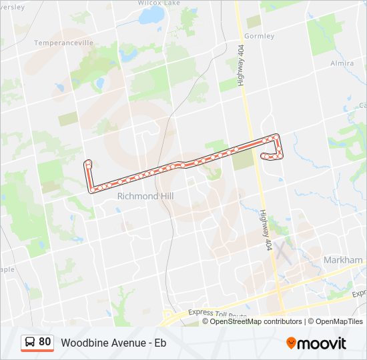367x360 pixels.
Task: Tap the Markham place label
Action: [x=342, y=259]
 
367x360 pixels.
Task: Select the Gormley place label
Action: [x=260, y=36]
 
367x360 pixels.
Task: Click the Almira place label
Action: [x=342, y=63]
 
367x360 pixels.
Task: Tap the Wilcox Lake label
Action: [x=159, y=3]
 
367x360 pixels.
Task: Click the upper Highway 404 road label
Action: [x=242, y=73]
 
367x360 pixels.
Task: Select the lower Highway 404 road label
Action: [x=264, y=218]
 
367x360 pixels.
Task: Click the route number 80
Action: [x=45, y=342]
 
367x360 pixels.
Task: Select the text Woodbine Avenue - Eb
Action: [x=113, y=343]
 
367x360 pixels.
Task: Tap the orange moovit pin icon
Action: [x=292, y=343]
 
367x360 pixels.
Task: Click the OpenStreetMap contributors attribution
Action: [x=256, y=321]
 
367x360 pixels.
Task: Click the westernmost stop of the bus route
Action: [x=87, y=163]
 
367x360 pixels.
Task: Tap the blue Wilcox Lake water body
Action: [x=152, y=14]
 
